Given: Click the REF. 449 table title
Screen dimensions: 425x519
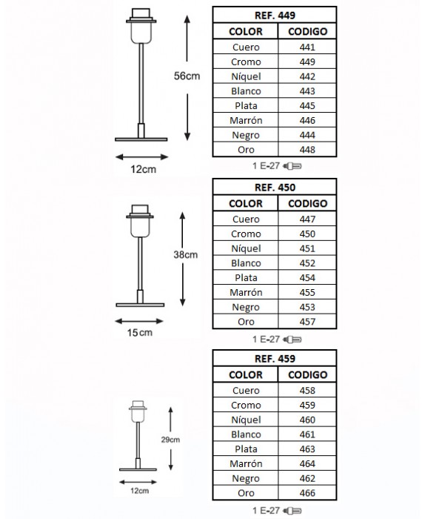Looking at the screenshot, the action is (x=275, y=16).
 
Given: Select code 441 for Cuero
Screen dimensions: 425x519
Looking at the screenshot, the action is (x=307, y=47).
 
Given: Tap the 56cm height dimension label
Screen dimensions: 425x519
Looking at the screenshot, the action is (x=187, y=76).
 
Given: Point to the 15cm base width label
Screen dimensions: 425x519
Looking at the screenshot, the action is (x=140, y=332).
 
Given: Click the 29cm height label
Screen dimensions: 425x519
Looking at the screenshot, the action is (x=170, y=440).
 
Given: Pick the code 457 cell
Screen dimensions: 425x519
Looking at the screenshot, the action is (x=307, y=321).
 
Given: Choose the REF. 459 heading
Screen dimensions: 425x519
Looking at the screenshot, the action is (x=275, y=358).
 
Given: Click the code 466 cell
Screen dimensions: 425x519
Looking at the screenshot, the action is (x=307, y=493).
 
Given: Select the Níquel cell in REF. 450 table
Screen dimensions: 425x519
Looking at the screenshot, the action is (x=246, y=248).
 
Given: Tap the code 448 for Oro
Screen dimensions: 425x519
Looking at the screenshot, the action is (x=307, y=150).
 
